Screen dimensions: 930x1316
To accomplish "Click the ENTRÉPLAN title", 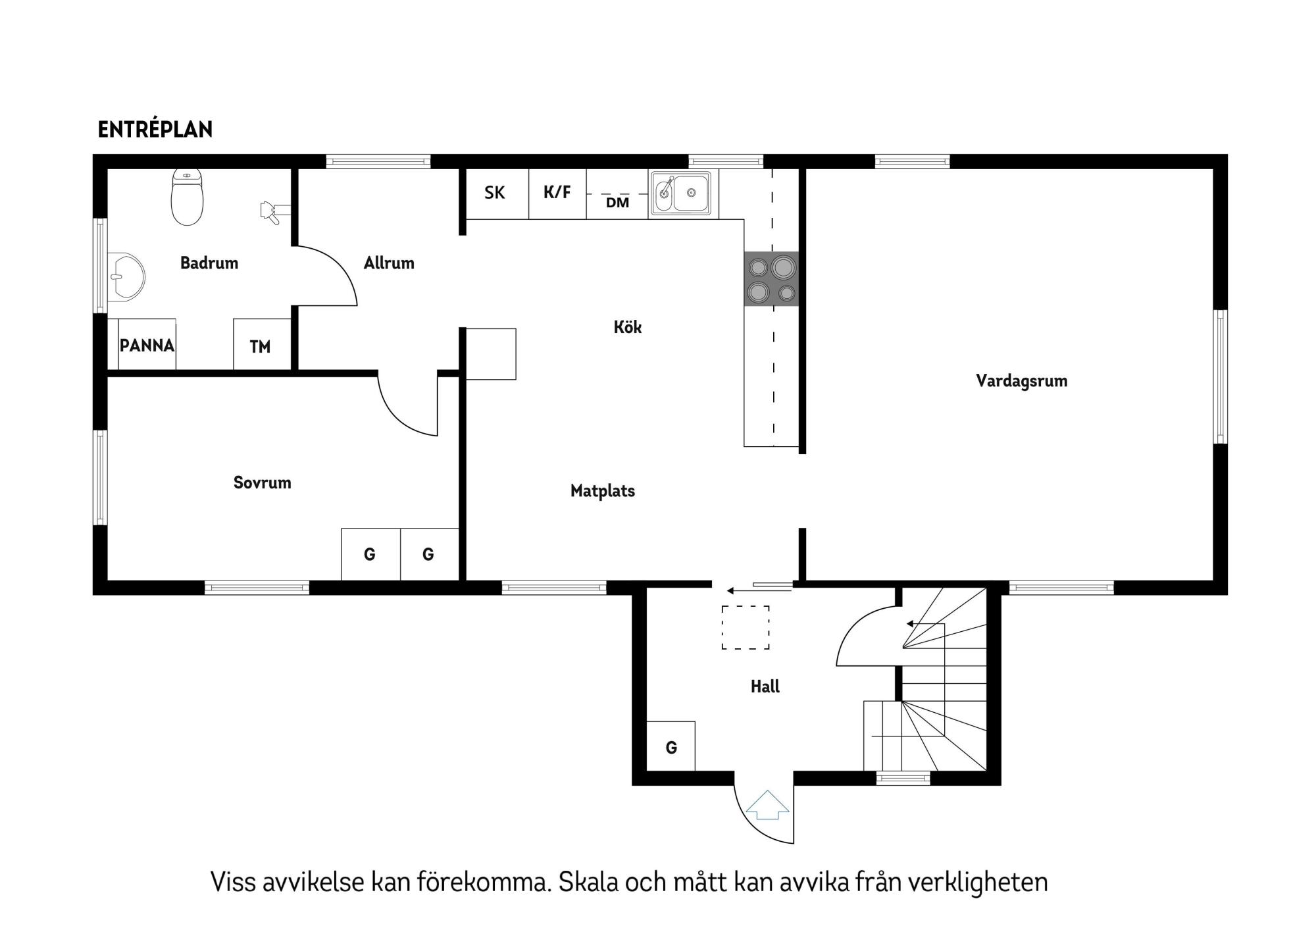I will point(155,130).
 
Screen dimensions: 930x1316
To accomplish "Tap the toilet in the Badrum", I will point(187,198).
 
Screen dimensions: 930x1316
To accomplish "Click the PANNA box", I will point(147,346).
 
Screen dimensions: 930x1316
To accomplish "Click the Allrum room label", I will point(389,263).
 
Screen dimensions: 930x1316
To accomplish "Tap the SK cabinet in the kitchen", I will point(495,193).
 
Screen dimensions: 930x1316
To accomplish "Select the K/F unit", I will point(557,192).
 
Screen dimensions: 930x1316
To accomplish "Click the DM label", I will point(617,203).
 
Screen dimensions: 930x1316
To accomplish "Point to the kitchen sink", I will point(682,194).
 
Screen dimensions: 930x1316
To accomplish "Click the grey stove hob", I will point(771,279).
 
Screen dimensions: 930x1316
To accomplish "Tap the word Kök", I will point(627,327).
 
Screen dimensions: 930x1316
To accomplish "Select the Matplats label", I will point(602,491).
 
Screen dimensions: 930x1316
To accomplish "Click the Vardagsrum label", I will point(1021,381).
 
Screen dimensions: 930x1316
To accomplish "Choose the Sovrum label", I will point(262,483).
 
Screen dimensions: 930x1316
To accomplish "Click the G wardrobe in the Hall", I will point(671,746).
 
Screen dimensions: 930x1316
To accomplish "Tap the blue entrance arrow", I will point(767,806).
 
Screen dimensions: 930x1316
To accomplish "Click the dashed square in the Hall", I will point(745,628).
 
